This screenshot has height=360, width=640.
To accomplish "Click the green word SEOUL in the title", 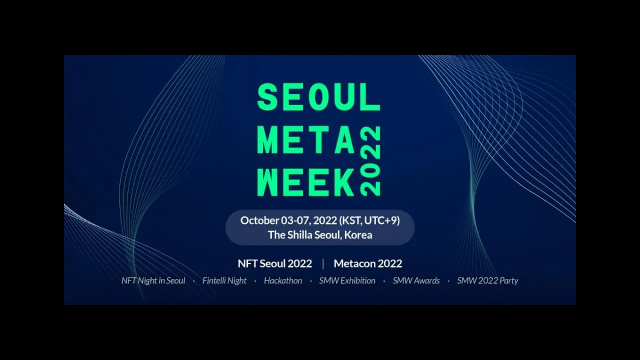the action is tap(319, 98).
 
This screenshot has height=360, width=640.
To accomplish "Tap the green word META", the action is tap(307, 140).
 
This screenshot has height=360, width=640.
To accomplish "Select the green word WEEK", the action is tap(306, 182).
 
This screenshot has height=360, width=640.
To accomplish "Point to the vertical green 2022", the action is tap(370, 161).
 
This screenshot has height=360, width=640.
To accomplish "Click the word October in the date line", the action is tap(259, 221).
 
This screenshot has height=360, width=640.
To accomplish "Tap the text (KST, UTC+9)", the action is tap(369, 221).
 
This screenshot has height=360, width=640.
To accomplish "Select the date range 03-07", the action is tap(295, 221).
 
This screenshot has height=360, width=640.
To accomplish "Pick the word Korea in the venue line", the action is tap(358, 235).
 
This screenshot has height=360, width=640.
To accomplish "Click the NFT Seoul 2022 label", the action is tap(275, 263).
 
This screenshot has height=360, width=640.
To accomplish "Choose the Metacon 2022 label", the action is tap(367, 263).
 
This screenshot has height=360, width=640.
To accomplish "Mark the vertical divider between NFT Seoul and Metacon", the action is tap(323, 263).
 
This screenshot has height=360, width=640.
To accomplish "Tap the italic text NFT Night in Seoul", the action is tap(154, 281).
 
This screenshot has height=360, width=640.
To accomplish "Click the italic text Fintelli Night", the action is tap(225, 281).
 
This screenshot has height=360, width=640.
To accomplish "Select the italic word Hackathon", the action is tap(283, 281).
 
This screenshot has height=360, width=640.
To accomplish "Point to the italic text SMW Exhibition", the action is tap(347, 281).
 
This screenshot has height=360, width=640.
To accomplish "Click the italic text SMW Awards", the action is tap(416, 281).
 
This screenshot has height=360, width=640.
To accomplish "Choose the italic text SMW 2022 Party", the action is tap(487, 281).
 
